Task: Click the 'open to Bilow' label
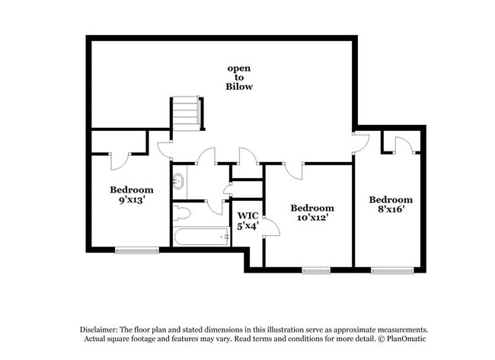pos(239,78)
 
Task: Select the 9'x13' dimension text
pos(131,201)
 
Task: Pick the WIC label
pos(247,215)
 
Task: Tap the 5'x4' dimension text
pos(247,225)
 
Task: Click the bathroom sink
pos(180,182)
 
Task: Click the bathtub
pos(202,237)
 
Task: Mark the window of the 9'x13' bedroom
pos(137,249)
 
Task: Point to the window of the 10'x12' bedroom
pos(315,269)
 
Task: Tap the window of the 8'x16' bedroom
pos(392,269)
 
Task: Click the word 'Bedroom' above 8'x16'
pos(391,199)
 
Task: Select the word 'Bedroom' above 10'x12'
pos(312,208)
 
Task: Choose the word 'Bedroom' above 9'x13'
pos(131,190)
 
